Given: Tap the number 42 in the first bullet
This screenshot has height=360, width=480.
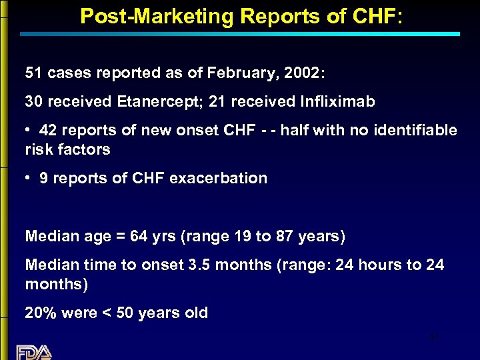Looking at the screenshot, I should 48,130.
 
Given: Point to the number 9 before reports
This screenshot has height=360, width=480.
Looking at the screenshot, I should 44,178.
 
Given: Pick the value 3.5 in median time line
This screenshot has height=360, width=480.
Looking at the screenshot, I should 199,265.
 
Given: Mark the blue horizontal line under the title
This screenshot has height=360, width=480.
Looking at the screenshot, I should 240,33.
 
